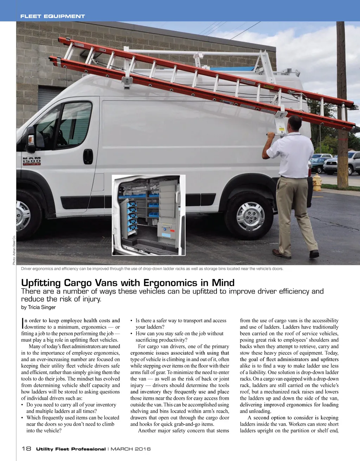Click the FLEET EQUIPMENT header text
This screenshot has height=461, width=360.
pyautogui.click(x=53, y=16)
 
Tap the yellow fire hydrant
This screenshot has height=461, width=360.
pyautogui.click(x=317, y=182)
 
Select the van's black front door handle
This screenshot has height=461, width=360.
pyautogui.click(x=88, y=156)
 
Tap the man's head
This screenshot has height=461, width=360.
pyautogui.click(x=295, y=123)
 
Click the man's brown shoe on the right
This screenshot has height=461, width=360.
pyautogui.click(x=314, y=254)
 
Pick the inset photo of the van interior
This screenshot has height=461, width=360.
pyautogui.click(x=148, y=215)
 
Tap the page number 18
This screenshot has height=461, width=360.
pyautogui.click(x=26, y=449)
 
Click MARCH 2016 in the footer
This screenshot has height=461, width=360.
pyautogui.click(x=131, y=449)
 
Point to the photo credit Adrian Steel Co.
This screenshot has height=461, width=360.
pyautogui.click(x=14, y=250)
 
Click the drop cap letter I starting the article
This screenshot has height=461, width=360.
pyautogui.click(x=22, y=323)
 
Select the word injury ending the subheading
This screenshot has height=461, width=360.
pyautogui.click(x=90, y=299)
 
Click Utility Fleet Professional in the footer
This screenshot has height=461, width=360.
pyautogui.click(x=71, y=449)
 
